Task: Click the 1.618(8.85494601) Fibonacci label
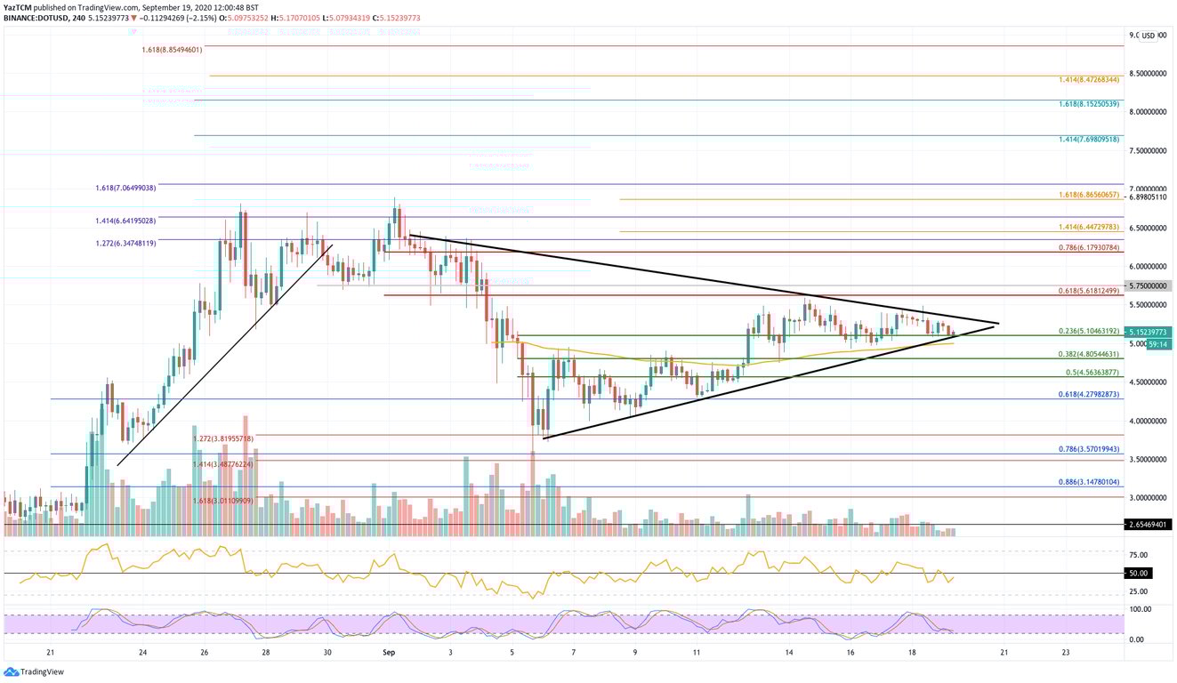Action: (172, 50)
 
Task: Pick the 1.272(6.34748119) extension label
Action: (125, 243)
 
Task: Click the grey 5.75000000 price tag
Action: (1147, 286)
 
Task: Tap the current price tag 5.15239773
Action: (1147, 331)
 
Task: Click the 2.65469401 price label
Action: (1147, 526)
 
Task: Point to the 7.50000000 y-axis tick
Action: (1147, 150)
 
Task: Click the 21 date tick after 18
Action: (1004, 652)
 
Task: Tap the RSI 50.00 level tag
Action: (1138, 574)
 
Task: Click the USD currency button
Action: (1149, 36)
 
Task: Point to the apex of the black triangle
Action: (999, 324)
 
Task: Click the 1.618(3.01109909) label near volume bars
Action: (223, 502)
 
